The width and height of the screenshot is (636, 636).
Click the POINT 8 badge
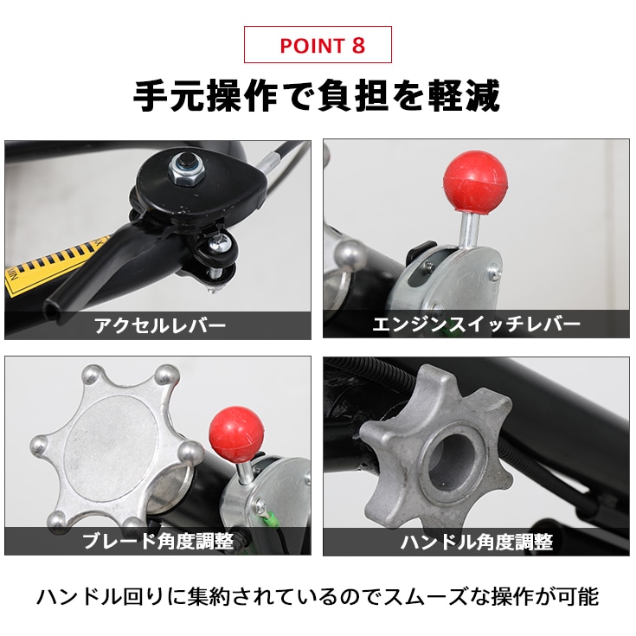[318, 45]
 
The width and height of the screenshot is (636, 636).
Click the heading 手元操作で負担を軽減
[317, 96]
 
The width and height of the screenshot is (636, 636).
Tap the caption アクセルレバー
[160, 325]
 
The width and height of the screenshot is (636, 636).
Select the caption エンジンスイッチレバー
[476, 324]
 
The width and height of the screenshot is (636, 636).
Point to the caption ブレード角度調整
[158, 541]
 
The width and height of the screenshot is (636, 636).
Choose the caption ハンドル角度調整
[477, 542]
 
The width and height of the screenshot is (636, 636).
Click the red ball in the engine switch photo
[474, 181]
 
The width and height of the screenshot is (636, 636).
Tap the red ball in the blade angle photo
[236, 434]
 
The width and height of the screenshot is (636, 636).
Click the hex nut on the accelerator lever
[185, 168]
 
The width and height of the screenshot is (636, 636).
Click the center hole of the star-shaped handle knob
[451, 462]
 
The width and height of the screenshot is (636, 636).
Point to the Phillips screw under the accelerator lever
[220, 244]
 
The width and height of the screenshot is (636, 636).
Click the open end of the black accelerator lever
[51, 312]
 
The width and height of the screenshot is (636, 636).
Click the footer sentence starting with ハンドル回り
[318, 597]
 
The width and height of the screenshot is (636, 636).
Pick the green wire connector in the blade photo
[271, 520]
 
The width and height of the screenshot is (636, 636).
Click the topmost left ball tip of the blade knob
[92, 376]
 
